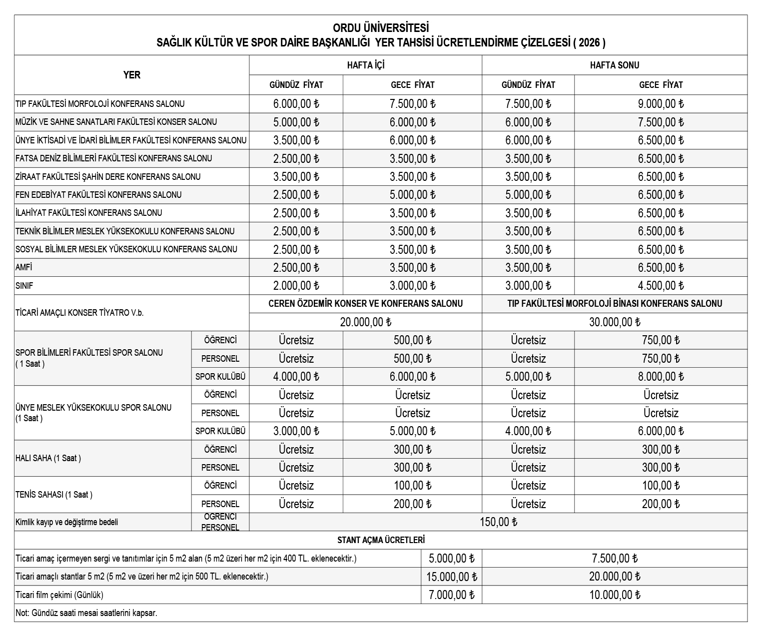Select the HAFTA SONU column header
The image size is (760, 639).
[614, 65]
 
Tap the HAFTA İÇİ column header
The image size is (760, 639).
[365, 65]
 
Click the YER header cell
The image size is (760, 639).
[132, 75]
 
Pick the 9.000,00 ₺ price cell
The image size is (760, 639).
[661, 104]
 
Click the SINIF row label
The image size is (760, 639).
[24, 286]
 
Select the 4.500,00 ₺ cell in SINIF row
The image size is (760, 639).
[661, 286]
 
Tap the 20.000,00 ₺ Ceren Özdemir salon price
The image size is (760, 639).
[365, 322]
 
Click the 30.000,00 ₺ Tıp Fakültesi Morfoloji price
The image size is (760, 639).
[614, 322]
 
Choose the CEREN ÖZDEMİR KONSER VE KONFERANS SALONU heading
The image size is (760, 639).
[365, 303]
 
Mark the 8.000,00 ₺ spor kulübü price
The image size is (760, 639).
[661, 377]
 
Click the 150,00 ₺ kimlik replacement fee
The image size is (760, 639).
[498, 522]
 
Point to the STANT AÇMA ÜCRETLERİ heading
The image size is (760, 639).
[381, 540]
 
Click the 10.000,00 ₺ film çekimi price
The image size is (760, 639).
[614, 595]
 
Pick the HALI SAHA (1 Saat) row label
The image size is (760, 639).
[48, 458]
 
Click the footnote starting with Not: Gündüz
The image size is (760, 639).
[86, 613]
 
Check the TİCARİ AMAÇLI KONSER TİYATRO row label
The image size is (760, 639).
[79, 313]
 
